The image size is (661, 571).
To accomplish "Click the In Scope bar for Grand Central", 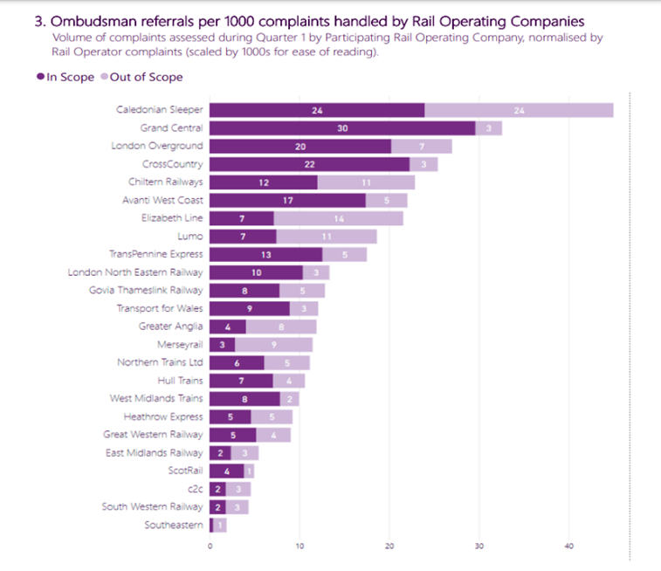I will click(342, 128).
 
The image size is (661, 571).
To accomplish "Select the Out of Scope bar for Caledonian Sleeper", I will click(519, 110).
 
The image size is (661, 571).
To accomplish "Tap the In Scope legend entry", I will click(65, 77).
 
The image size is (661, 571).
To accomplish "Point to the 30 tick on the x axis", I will click(479, 547).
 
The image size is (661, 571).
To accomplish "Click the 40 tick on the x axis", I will click(568, 547).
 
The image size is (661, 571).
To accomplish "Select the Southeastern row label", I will click(174, 525).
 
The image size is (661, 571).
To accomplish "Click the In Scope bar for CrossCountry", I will click(309, 164).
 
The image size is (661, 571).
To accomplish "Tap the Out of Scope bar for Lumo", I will click(326, 237).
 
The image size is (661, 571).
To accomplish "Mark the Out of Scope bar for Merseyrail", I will click(273, 345).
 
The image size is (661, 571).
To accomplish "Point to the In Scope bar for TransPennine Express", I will click(265, 254).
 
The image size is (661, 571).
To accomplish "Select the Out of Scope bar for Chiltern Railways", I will click(366, 182).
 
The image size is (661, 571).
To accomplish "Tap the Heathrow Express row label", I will click(164, 416).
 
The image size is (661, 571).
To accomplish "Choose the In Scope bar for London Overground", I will click(300, 146).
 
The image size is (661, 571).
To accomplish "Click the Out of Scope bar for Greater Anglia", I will click(280, 327).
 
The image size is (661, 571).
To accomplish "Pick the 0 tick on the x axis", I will click(210, 547).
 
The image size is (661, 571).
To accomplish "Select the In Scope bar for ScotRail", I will click(226, 471).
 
